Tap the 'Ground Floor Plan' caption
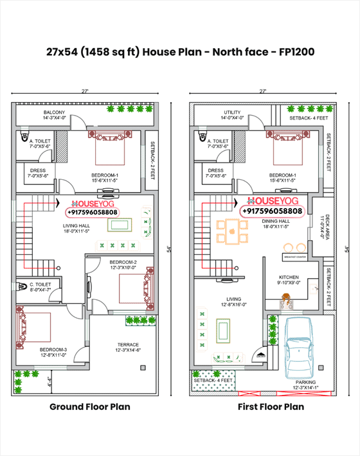(90, 407)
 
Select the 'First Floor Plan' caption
(270, 407)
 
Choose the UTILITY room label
(232, 112)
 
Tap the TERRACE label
(127, 344)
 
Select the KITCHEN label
(289, 277)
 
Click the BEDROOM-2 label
(122, 262)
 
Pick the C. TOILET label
(40, 284)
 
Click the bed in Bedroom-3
(32, 328)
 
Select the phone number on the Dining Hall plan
(272, 211)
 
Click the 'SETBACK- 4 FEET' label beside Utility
(309, 118)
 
